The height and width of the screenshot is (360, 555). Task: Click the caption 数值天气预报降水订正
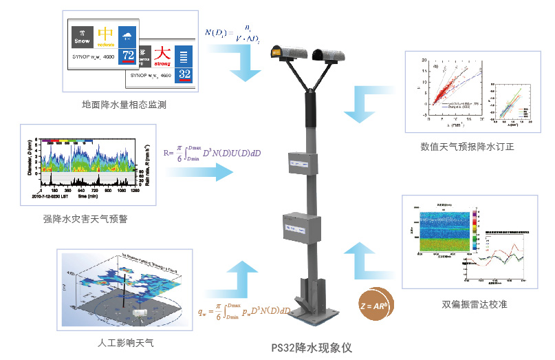468,146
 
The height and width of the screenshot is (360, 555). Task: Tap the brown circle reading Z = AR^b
372,303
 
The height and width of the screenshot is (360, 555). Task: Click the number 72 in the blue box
127,55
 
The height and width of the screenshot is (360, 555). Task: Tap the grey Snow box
82,38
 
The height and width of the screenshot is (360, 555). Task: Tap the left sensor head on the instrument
287,52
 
